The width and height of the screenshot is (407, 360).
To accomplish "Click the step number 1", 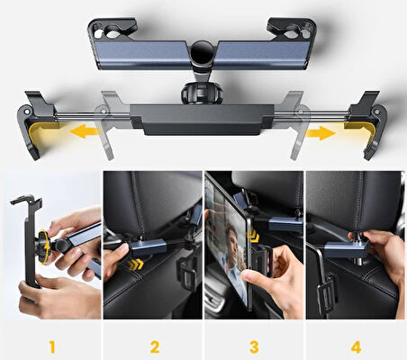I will pos(51,345).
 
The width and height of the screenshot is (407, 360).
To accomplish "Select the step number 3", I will pos(254,345).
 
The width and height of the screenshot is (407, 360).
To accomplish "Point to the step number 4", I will pos(356,345).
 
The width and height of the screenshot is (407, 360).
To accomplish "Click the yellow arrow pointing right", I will pos(321,133).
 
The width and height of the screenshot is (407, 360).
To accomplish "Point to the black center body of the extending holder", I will pos(202,120).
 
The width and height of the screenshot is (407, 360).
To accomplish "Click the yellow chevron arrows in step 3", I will pos(255,238).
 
